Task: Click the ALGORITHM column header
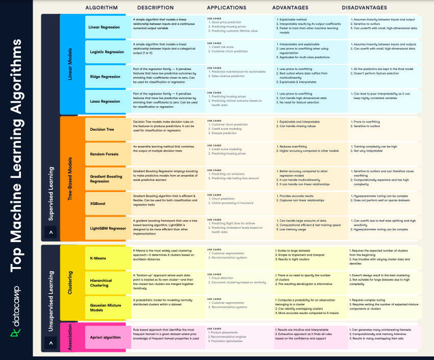pos(101,8)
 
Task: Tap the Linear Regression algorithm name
pos(104,27)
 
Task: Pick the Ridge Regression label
pos(105,77)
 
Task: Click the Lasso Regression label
pos(105,101)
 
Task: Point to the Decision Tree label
pos(102,130)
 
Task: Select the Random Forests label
pos(104,154)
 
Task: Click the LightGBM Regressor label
pos(108,228)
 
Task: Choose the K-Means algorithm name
pos(98,258)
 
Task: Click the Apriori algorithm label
pos(105,337)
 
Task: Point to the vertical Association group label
pos(69,337)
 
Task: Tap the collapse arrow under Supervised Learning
pos(51,232)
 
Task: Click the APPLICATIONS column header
pos(227,8)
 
